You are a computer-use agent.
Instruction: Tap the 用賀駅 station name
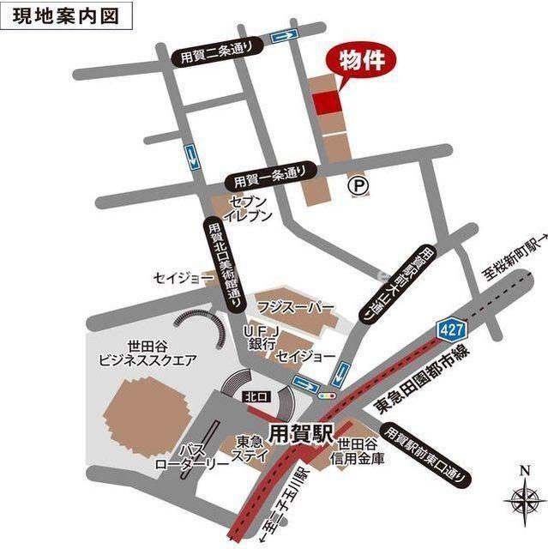298,431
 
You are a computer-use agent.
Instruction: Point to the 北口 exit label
251,397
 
